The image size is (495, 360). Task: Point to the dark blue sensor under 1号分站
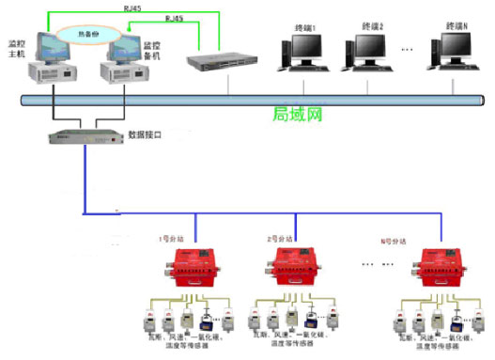click(205, 314)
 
